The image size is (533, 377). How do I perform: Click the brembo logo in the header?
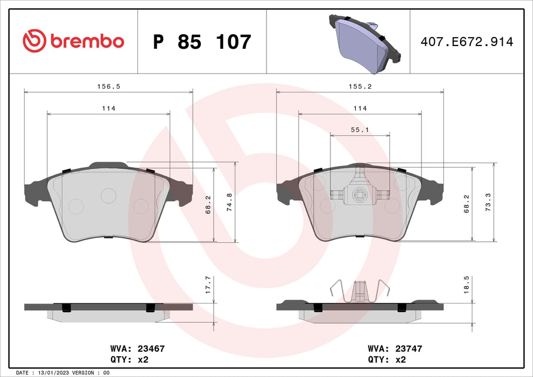73,41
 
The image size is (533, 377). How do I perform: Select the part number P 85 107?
202,42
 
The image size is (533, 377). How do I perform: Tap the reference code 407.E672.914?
467,42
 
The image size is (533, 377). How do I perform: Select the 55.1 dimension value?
360,130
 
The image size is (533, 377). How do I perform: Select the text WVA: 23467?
138,348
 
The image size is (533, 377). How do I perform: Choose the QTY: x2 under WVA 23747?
386,360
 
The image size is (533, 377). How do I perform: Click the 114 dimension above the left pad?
108,108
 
